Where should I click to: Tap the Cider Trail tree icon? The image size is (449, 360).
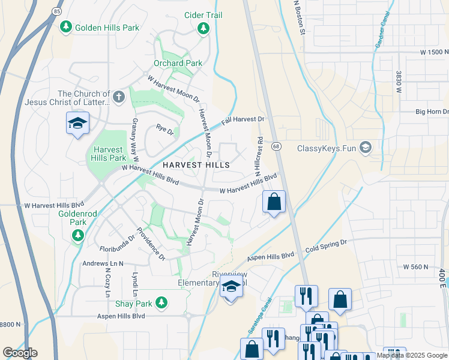(x=203, y=28)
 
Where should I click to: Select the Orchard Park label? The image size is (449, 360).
(x=178, y=63)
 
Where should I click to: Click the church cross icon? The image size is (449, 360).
(x=119, y=96)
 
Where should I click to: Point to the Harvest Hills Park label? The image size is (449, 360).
(x=107, y=154)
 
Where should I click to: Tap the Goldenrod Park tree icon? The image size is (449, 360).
(x=77, y=236)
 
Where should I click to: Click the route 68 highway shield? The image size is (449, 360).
(x=276, y=146)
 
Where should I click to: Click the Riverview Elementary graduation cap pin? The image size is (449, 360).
(x=231, y=289)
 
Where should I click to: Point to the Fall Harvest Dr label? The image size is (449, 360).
(x=243, y=120)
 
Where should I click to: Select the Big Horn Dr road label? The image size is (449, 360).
(x=432, y=112)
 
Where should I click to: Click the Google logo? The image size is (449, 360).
(x=20, y=353)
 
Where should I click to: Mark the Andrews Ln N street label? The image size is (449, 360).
(x=103, y=263)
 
